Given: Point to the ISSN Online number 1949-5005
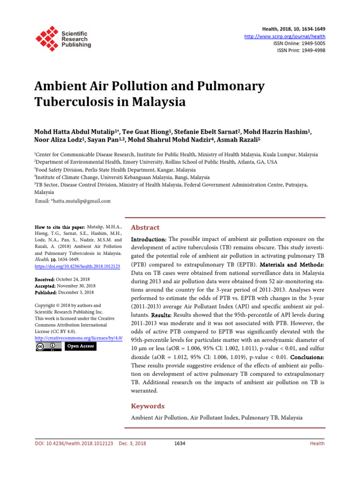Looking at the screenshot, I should (310, 44).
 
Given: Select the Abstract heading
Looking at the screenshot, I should (145, 227).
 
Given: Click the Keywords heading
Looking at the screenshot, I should (148, 406).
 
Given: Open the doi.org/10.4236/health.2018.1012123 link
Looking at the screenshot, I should (77, 266).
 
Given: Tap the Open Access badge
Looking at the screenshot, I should (80, 346).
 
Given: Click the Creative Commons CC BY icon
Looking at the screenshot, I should (48, 346).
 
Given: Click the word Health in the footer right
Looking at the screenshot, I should (317, 443).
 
